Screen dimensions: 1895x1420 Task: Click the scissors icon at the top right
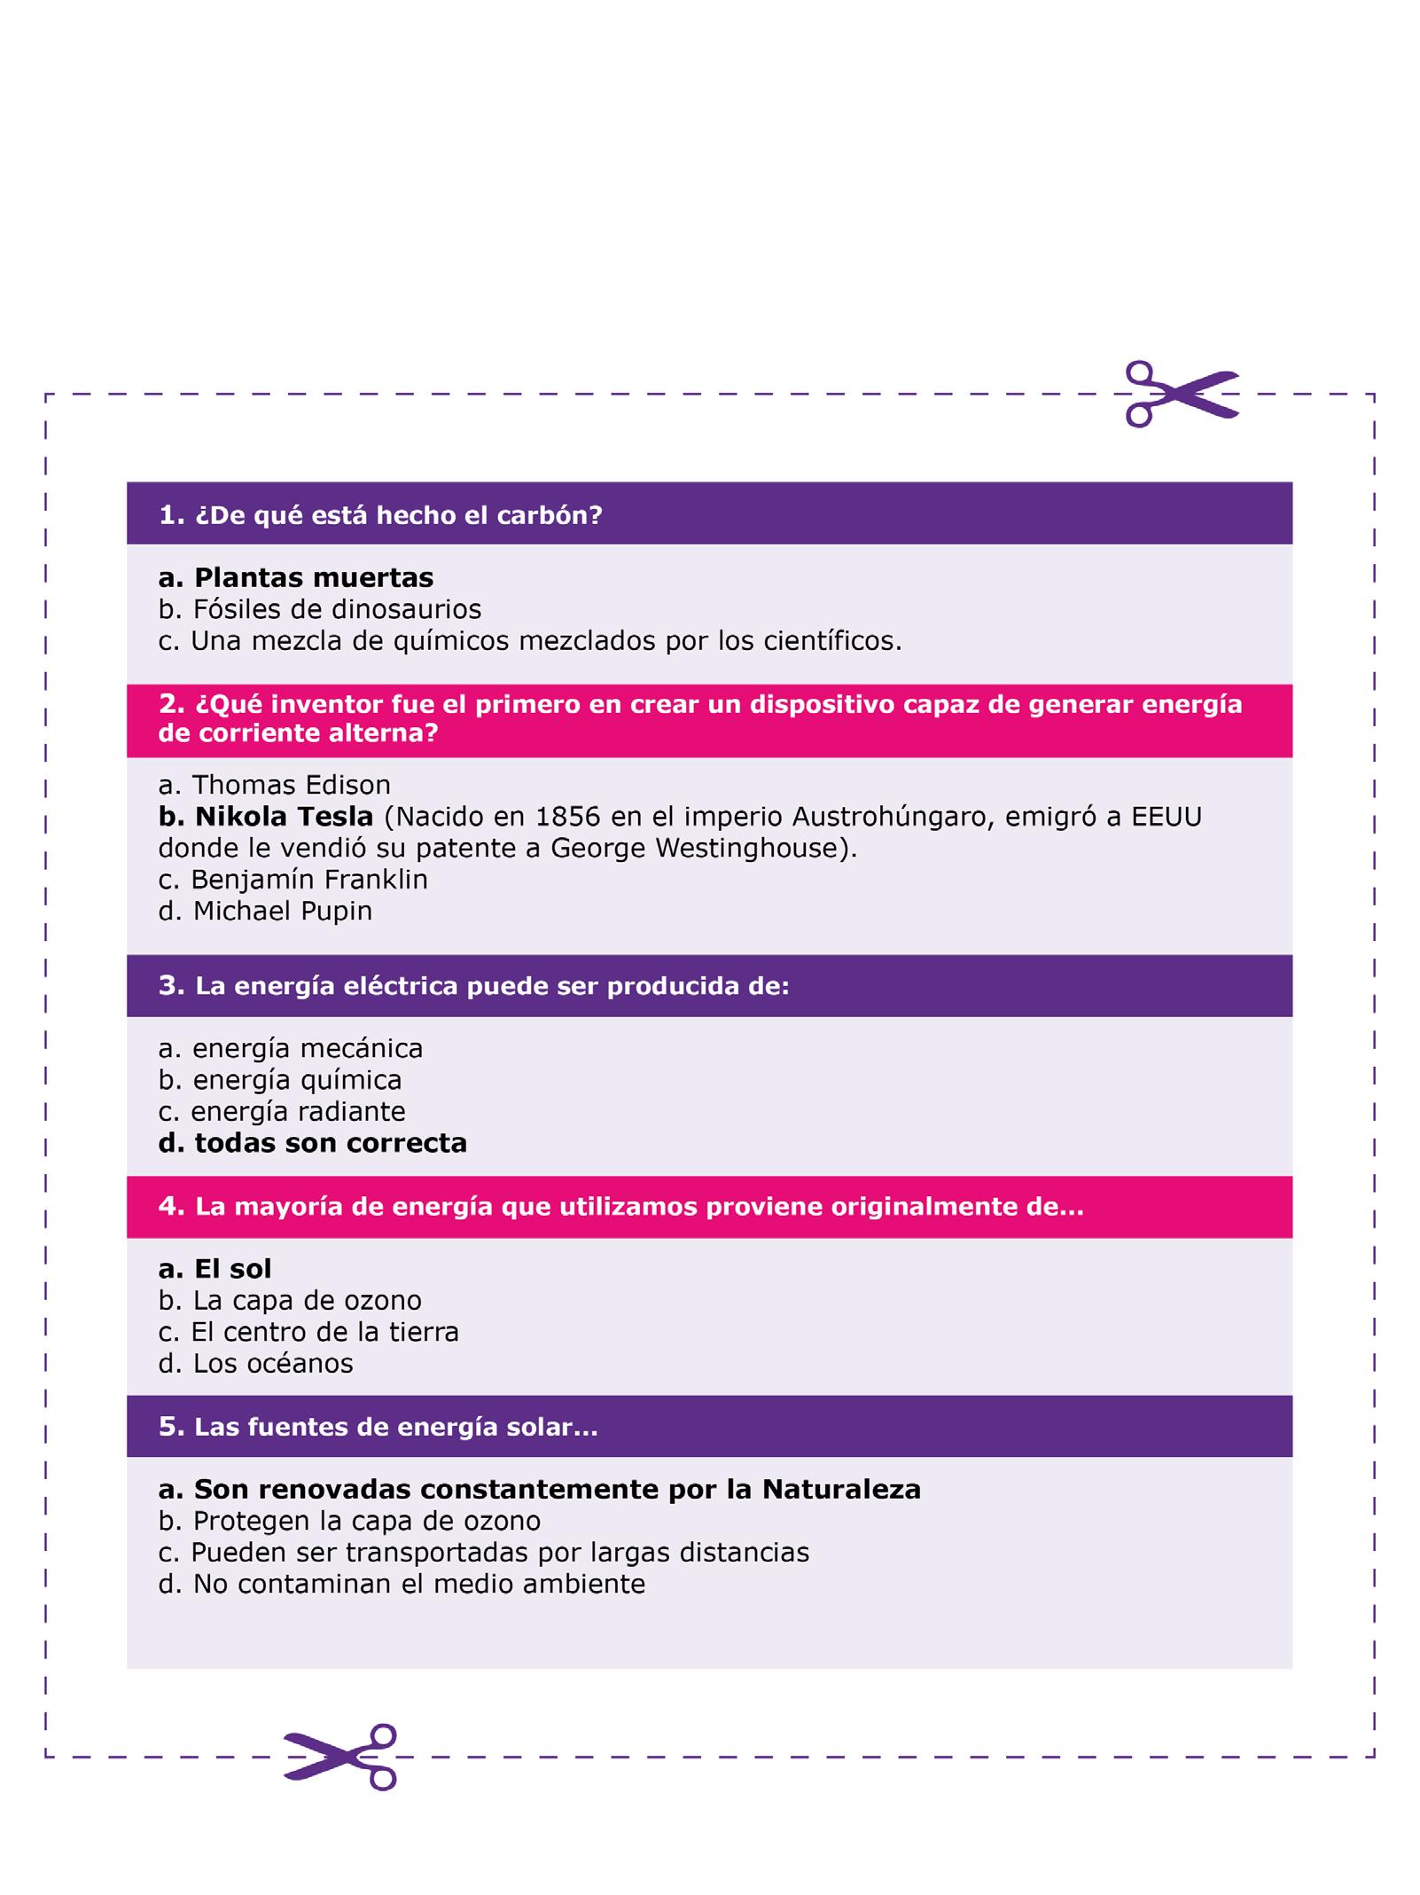coord(1181,394)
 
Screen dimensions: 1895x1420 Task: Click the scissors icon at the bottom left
coord(340,1757)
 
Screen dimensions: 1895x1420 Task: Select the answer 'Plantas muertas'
coord(296,578)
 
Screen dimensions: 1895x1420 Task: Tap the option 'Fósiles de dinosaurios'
coord(320,609)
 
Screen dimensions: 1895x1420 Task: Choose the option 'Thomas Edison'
coord(275,785)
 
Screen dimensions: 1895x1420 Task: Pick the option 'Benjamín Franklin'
coord(293,879)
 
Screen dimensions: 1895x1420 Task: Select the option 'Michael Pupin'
coord(266,911)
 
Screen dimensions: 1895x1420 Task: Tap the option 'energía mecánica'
coord(291,1048)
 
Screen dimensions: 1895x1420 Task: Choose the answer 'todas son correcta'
coord(313,1143)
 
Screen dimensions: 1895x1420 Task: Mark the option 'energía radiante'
coord(282,1111)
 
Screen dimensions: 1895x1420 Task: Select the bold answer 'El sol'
coord(215,1269)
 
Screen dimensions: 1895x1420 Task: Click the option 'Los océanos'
coord(256,1363)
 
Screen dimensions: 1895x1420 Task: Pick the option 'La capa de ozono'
coord(291,1300)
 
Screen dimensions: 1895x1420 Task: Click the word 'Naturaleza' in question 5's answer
coord(841,1489)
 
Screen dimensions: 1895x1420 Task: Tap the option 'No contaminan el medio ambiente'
coord(402,1584)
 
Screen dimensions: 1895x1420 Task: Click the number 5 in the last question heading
coord(168,1426)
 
